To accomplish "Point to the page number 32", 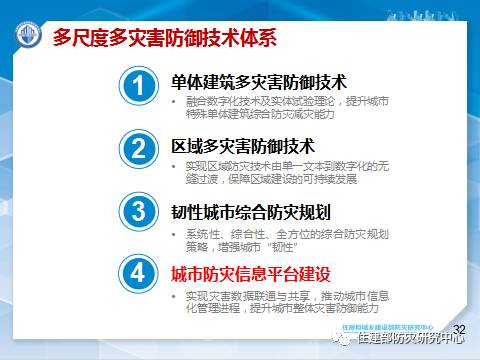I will pos(460,327).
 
